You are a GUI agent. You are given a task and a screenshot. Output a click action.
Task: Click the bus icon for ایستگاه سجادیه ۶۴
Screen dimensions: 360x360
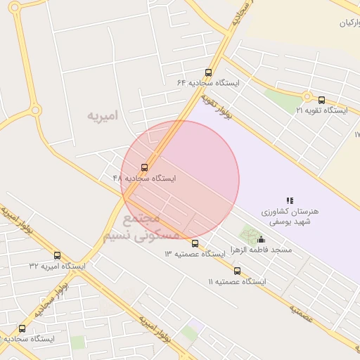click(208, 72)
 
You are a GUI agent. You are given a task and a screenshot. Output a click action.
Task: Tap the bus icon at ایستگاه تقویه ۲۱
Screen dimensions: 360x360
click(322, 100)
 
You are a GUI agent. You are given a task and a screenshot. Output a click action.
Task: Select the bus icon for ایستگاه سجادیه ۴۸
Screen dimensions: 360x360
click(145, 167)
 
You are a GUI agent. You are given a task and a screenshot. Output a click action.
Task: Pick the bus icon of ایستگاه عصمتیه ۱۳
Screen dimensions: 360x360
click(195, 243)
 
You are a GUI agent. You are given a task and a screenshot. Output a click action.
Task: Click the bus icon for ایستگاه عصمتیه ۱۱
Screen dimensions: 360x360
click(237, 271)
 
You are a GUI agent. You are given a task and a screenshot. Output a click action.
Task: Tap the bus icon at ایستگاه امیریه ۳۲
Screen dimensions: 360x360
click(57, 255)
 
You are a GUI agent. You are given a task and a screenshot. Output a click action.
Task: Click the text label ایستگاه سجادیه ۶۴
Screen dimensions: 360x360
click(208, 83)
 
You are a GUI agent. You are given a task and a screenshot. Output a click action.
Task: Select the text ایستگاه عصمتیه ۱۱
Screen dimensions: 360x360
click(237, 281)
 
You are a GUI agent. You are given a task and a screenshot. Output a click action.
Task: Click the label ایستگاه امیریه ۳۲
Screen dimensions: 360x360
click(57, 266)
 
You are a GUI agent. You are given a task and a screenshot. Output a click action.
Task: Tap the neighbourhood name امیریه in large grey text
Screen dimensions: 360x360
click(103, 115)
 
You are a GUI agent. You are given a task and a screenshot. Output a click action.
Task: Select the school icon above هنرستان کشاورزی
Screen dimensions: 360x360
click(290, 201)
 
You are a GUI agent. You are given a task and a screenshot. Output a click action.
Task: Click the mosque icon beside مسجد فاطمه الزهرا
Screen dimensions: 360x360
click(262, 239)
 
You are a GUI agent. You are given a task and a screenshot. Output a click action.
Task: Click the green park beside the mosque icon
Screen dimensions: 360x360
click(248, 234)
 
